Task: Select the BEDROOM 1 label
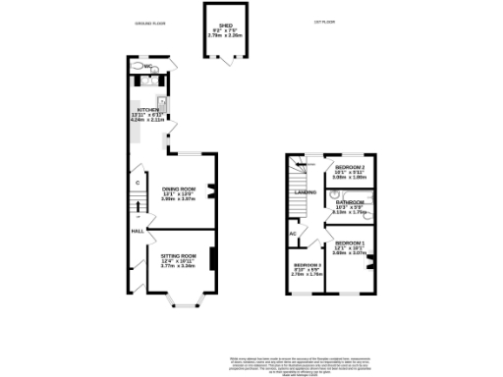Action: [349, 242]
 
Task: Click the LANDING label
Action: [305, 192]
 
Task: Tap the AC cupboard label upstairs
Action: [293, 233]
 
